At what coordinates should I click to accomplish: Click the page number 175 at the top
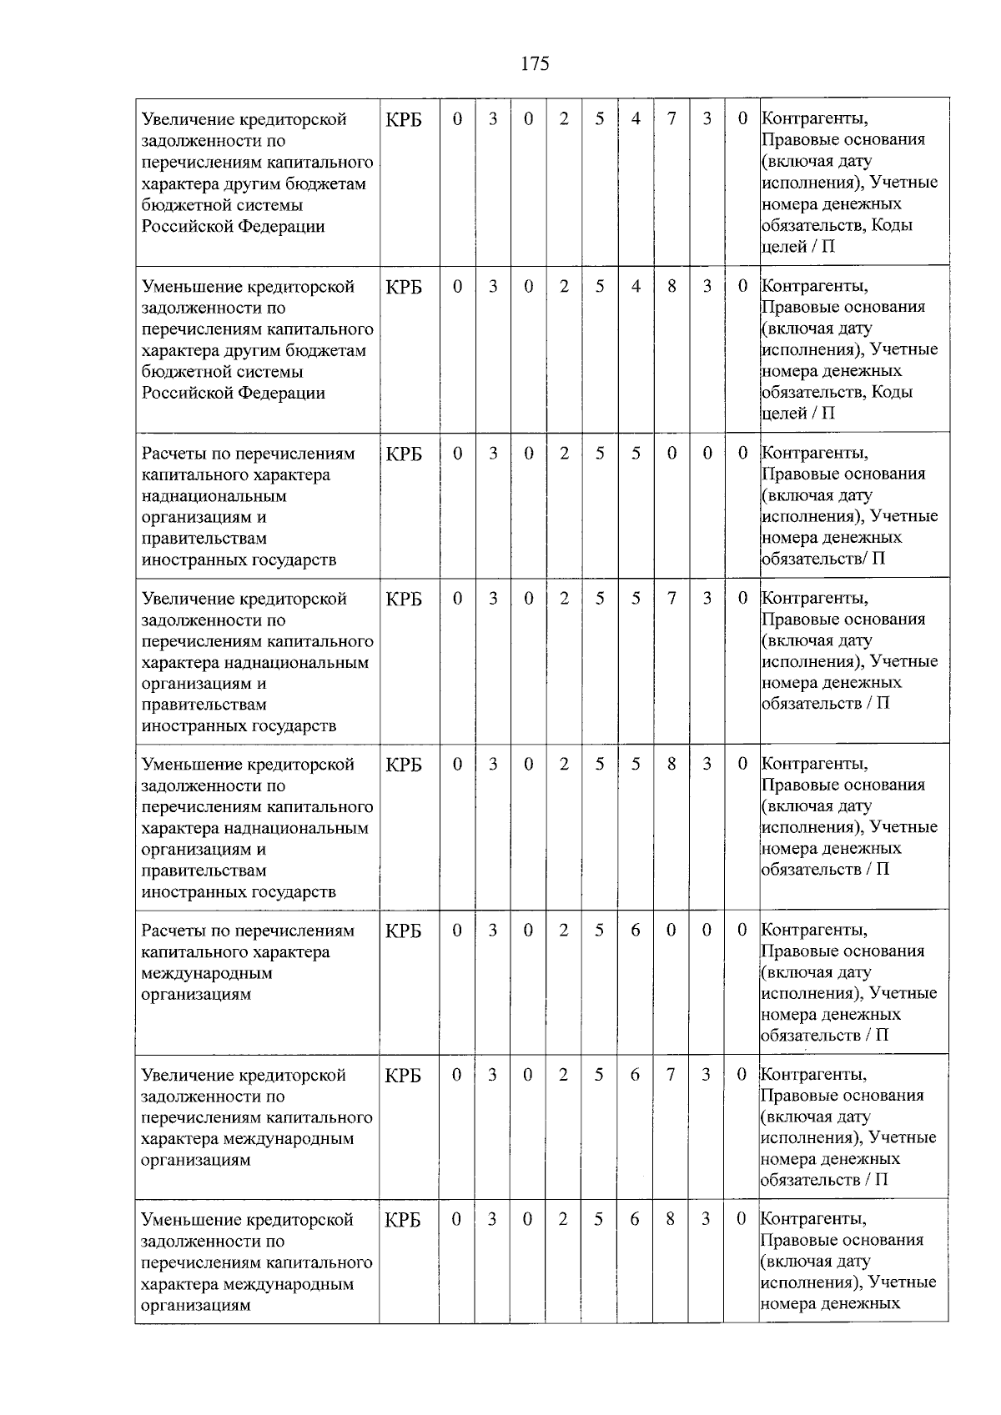coord(535,64)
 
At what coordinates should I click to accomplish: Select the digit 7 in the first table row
coord(672,119)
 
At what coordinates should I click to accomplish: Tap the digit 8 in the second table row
coord(672,286)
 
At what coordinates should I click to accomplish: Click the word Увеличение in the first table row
coord(189,119)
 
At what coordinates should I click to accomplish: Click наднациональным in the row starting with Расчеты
coord(214,496)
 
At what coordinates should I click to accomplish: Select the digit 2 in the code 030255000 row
coord(565,454)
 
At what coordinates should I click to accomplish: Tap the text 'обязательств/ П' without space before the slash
coord(822,559)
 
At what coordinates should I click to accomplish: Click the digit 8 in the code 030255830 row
coord(672,764)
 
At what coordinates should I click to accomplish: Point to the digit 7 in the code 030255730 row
coord(672,599)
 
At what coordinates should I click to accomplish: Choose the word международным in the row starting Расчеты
coord(207,973)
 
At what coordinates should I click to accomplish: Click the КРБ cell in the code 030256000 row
coord(404,931)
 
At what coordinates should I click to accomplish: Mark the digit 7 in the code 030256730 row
coord(671,1075)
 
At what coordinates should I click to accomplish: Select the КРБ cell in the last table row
coord(404,1220)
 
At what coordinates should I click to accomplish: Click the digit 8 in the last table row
coord(671,1220)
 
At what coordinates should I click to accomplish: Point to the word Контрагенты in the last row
coord(814,1219)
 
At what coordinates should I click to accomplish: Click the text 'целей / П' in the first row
coord(797,247)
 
